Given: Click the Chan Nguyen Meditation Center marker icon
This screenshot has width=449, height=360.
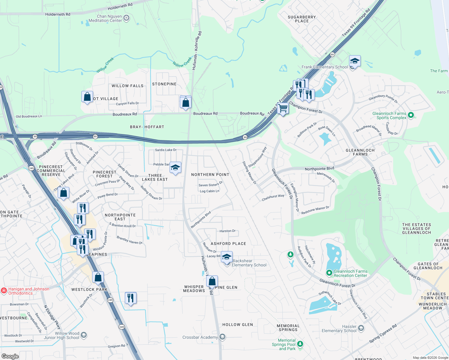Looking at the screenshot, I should (127, 18).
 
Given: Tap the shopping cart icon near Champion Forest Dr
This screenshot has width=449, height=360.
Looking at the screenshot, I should (283, 108).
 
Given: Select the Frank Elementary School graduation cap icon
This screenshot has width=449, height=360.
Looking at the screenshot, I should (355, 61).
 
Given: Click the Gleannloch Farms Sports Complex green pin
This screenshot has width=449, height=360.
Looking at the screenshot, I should (411, 115).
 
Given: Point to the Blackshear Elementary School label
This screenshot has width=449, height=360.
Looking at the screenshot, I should (249, 263).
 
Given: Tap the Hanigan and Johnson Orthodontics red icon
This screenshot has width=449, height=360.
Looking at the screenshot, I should (4, 290).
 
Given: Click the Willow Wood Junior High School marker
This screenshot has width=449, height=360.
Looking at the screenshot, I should (84, 335).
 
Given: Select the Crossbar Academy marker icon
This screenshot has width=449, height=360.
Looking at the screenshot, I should (222, 337).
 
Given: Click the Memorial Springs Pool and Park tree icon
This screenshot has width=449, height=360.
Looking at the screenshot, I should (300, 344).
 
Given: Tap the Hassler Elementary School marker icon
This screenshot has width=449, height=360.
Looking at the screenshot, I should (361, 328).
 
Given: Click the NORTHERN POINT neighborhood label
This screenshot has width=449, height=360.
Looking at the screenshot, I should (210, 175).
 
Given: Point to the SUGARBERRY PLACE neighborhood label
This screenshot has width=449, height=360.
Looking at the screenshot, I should (302, 19).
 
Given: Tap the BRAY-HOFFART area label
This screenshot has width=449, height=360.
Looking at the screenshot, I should (147, 127).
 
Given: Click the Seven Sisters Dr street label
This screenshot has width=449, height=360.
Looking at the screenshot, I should (210, 184).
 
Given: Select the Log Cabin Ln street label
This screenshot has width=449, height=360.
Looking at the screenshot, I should (209, 191).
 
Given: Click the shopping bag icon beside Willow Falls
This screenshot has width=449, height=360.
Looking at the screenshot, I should (87, 97).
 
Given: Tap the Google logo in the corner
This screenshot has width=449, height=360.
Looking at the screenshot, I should (10, 356).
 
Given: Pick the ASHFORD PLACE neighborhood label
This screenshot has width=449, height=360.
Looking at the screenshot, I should (228, 244).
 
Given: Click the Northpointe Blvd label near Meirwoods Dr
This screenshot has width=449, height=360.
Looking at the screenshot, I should (319, 169).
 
